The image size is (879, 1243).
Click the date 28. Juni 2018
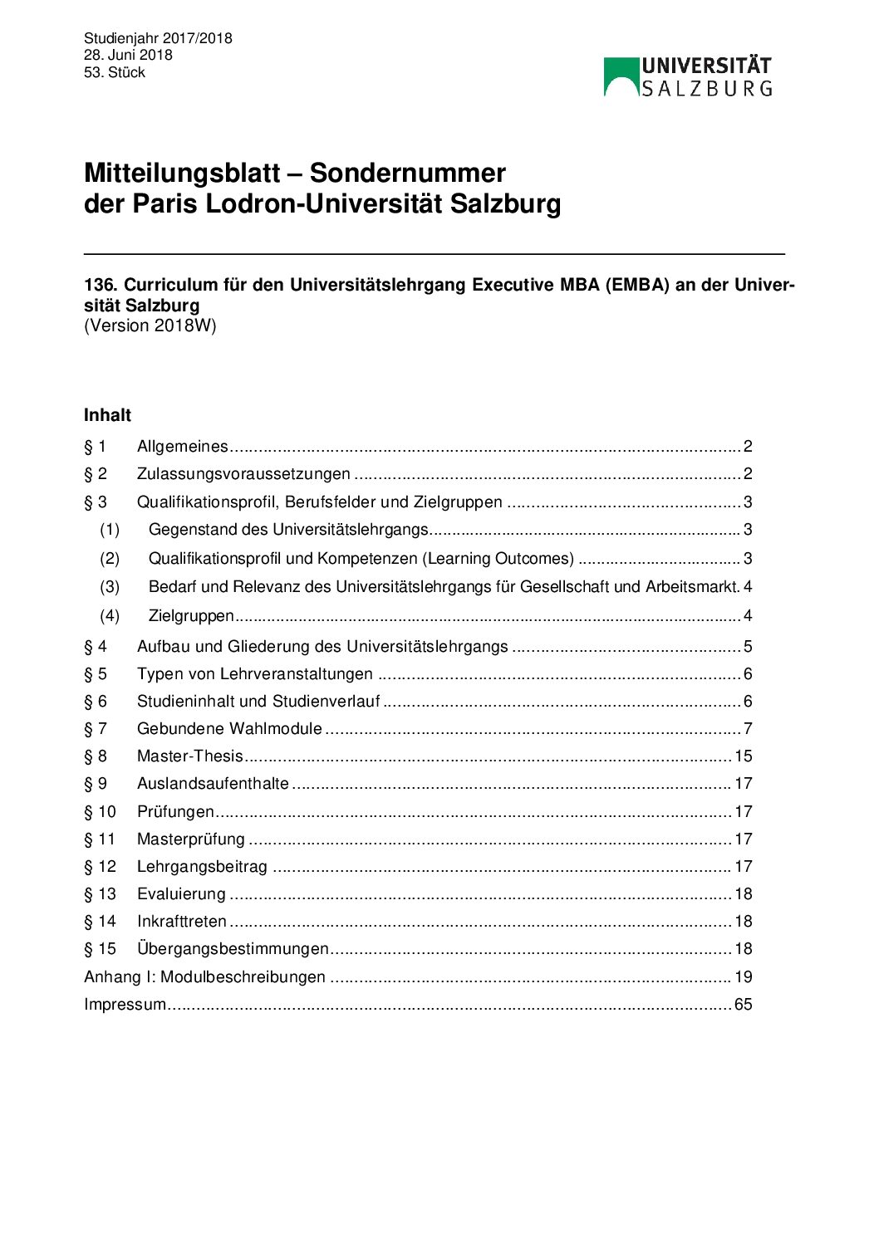(x=128, y=55)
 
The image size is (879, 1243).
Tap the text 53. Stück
(x=115, y=72)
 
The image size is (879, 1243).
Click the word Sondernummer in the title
(x=407, y=173)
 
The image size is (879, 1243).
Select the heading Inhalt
(x=107, y=415)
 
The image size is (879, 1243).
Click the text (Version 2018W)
(x=150, y=325)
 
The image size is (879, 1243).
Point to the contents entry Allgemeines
(x=182, y=447)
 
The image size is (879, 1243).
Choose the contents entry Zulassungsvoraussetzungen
(x=243, y=474)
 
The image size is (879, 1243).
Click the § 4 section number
(x=96, y=646)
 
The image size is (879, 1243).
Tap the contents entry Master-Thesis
(x=190, y=756)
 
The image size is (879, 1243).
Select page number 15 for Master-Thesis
(x=743, y=756)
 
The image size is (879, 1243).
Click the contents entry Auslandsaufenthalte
(x=213, y=784)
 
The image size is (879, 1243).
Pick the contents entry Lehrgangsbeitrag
(x=202, y=867)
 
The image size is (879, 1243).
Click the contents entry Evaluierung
(x=181, y=894)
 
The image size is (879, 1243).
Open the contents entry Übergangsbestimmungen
(x=233, y=949)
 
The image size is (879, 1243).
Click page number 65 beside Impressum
(x=743, y=1005)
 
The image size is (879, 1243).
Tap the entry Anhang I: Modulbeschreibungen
(x=204, y=977)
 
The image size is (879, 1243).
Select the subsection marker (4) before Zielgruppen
(x=110, y=616)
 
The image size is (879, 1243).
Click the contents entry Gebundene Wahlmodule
(x=229, y=729)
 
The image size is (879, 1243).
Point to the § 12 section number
(x=100, y=867)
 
